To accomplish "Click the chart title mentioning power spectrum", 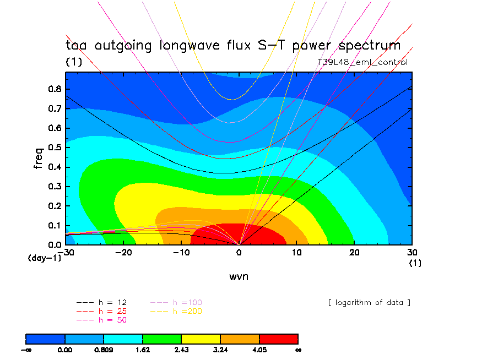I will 233,45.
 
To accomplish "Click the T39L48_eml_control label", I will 362,62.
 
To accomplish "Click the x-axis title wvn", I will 239,276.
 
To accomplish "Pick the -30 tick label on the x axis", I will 67,252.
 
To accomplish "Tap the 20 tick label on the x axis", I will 355,252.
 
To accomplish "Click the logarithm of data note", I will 369,302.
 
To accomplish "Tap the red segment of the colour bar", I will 278,339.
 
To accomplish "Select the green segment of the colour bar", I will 162,339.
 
